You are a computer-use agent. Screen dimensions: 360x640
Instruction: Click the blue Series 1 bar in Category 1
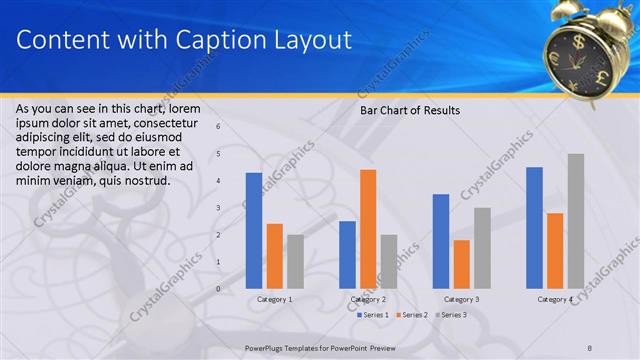pos(254,231)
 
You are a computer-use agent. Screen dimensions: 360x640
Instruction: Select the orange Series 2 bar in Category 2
pos(367,229)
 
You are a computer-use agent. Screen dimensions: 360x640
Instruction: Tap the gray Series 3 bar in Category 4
pos(575,221)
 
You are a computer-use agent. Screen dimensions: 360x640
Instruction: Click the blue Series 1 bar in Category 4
pos(534,228)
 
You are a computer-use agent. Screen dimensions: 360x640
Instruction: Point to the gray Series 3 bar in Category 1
pos(295,261)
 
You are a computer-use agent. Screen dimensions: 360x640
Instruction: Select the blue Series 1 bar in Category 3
pos(440,241)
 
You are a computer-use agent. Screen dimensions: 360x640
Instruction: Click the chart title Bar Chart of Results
pos(410,110)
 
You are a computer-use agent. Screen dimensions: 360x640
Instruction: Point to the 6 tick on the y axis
pos(219,127)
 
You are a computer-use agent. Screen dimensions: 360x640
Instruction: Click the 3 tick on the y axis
pos(219,208)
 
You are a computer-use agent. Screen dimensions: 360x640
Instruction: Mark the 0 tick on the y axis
pos(219,289)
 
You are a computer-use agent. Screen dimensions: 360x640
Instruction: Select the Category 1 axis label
pos(275,299)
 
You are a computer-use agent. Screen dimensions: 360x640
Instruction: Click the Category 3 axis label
pos(461,299)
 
